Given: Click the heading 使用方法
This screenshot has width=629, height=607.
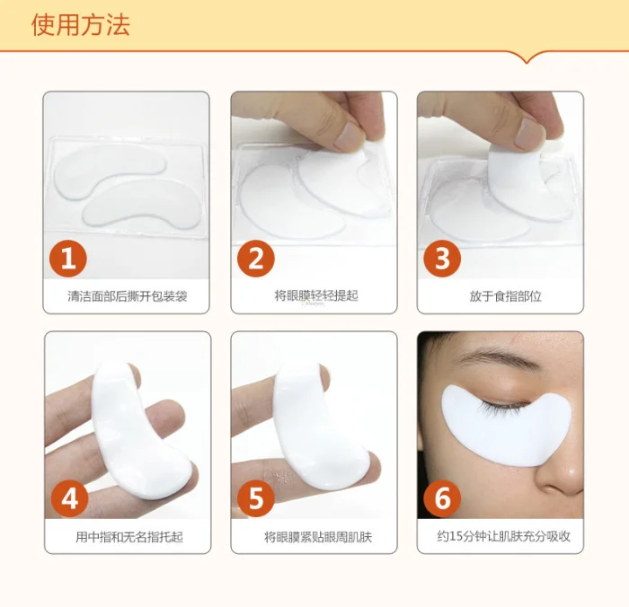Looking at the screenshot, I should click(x=81, y=24).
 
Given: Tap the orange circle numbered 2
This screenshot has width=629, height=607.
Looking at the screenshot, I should click(x=256, y=260).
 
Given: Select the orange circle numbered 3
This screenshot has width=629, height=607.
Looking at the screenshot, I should click(x=442, y=260).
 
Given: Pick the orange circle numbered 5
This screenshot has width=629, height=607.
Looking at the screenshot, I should click(x=256, y=498).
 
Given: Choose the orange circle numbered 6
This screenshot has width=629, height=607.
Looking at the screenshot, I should click(x=442, y=498).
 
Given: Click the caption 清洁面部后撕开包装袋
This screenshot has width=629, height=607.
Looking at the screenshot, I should click(x=127, y=295).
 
